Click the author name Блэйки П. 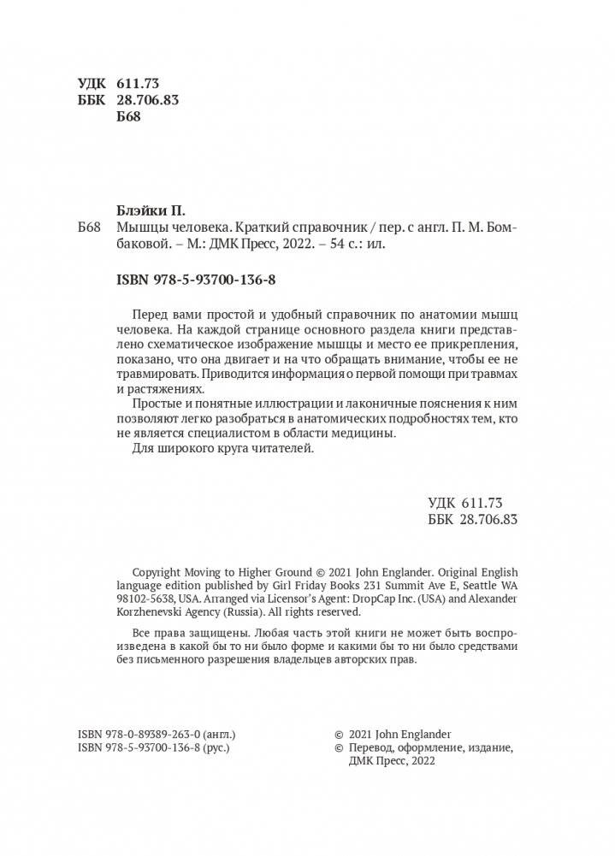(x=150, y=210)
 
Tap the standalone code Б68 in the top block (x=127, y=117)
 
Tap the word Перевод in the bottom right (x=371, y=747)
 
